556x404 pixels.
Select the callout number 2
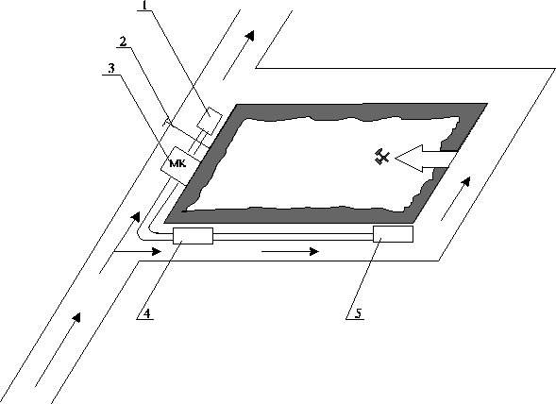tap(123, 41)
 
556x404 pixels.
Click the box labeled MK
tap(177, 164)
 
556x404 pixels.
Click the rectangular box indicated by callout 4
tap(194, 236)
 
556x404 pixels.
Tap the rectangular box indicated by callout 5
tap(393, 235)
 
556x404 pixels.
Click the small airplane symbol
tap(380, 158)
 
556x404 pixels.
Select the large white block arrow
tap(423, 161)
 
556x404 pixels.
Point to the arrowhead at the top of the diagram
tap(248, 36)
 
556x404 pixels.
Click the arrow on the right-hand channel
tap(462, 188)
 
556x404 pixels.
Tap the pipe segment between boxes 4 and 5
tap(293, 236)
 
